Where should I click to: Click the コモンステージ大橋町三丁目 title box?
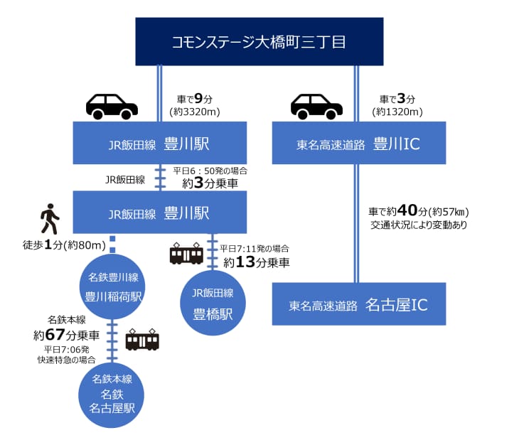pos(259,42)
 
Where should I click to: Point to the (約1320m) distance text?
pos(397,112)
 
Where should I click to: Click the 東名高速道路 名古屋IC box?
pos(359,306)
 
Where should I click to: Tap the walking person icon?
pos(49,219)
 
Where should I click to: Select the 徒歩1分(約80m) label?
pos(65,246)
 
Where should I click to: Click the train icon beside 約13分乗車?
pos(187,254)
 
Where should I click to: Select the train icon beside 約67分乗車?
pos(142,340)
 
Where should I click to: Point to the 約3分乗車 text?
pos(210,183)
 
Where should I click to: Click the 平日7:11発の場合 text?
pos(254,249)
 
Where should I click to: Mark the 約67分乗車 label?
pos(66,333)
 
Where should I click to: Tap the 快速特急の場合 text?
pos(66,360)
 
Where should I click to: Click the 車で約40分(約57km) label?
pos(419,212)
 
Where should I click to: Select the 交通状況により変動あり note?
pos(419,225)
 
